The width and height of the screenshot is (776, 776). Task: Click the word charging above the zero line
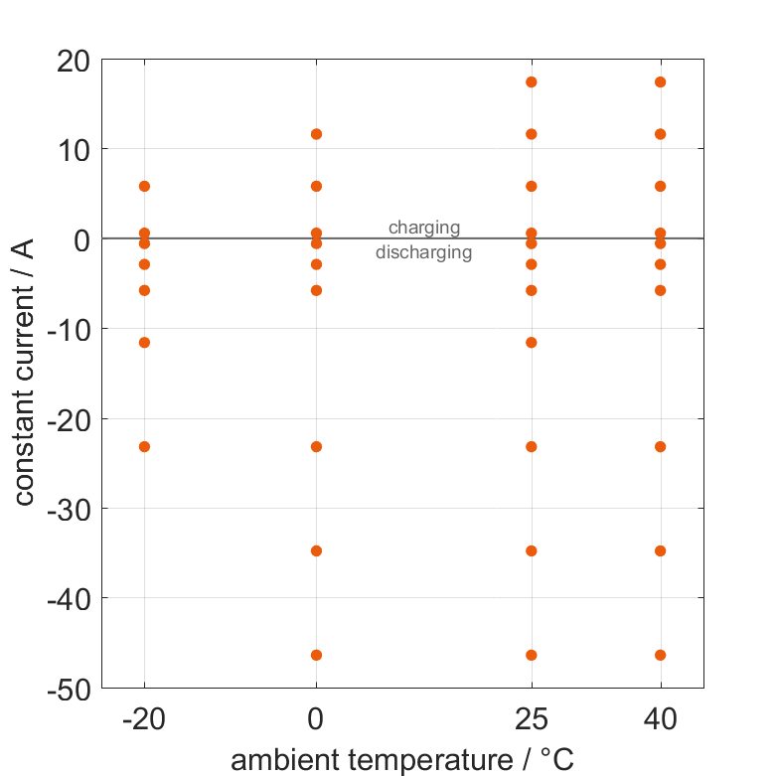[x=424, y=228]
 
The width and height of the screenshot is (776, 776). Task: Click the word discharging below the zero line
[x=423, y=252]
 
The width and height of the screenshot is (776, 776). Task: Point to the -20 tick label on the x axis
[x=144, y=719]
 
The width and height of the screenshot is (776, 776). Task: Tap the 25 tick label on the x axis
[x=531, y=719]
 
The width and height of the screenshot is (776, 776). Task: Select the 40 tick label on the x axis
[x=660, y=719]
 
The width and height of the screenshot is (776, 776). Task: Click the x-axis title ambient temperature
[x=402, y=760]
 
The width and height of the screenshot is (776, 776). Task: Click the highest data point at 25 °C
[x=531, y=81]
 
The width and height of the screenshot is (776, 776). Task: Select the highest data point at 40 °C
[x=660, y=81]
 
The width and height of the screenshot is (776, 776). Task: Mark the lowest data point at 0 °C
[x=316, y=655]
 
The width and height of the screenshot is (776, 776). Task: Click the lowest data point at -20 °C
[x=144, y=446]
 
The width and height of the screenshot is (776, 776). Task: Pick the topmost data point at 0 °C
[x=316, y=133]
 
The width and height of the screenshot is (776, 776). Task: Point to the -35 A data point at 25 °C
[x=531, y=550]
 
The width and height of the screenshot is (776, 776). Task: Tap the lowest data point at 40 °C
[x=660, y=655]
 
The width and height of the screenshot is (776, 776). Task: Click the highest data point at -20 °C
[x=144, y=186]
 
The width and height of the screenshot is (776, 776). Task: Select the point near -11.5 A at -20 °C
[x=144, y=342]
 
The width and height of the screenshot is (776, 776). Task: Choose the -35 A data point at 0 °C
[x=316, y=550]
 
